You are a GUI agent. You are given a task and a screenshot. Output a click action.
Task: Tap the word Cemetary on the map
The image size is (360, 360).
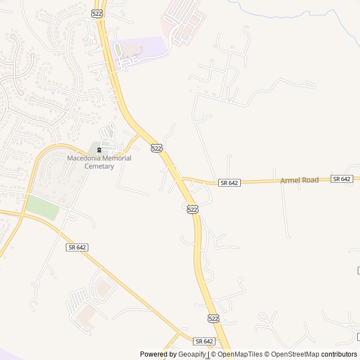click(99, 166)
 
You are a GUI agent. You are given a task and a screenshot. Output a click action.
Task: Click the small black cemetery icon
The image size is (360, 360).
click(100, 150)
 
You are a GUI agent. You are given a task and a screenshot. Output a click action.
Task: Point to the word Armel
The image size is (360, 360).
click(291, 181)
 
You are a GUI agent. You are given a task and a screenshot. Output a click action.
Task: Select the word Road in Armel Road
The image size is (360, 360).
click(310, 180)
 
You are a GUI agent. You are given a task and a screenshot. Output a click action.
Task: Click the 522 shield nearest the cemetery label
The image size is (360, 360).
click(156, 148)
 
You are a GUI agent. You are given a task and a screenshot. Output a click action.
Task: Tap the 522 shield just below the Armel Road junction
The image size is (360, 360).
click(192, 209)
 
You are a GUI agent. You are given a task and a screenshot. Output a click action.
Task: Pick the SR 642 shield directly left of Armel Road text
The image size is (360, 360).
click(229, 183)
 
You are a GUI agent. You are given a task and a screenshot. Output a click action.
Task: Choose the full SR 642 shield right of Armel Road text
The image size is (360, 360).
click(341, 179)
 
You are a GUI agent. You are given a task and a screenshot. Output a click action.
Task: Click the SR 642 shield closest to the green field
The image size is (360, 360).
click(77, 247)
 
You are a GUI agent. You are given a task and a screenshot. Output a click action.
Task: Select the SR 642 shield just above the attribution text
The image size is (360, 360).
click(205, 341)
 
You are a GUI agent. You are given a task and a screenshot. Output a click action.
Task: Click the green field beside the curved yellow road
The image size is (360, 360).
click(43, 208)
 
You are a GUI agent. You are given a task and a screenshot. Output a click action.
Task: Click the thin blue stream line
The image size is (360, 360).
click(292, 11)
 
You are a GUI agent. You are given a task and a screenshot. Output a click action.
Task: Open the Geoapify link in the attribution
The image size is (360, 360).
click(192, 354)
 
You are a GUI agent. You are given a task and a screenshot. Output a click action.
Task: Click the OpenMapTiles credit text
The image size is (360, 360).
click(240, 354)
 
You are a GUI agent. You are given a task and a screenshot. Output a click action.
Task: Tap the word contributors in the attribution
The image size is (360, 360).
click(339, 354)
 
